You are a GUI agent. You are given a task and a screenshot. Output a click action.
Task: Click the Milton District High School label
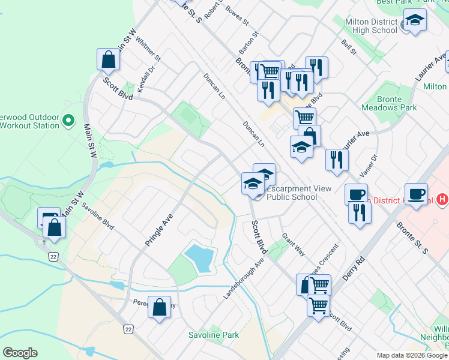coord(372,26)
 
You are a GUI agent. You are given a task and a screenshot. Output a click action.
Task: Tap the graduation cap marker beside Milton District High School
coord(415,22)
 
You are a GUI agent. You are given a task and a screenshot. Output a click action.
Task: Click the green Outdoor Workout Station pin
coord(68,121)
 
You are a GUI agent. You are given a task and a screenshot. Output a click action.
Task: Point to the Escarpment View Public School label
coord(299,193)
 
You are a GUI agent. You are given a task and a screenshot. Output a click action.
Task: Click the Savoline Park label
coord(214,335)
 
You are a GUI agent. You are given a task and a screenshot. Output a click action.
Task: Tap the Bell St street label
coord(348,47)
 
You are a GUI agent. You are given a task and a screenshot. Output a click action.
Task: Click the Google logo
coord(20,353)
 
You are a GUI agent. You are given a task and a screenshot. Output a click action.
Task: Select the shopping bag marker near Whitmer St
coord(108,60)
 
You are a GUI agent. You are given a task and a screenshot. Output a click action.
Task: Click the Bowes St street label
coord(237,16)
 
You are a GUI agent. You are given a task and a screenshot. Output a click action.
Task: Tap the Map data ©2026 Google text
coord(412,355)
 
